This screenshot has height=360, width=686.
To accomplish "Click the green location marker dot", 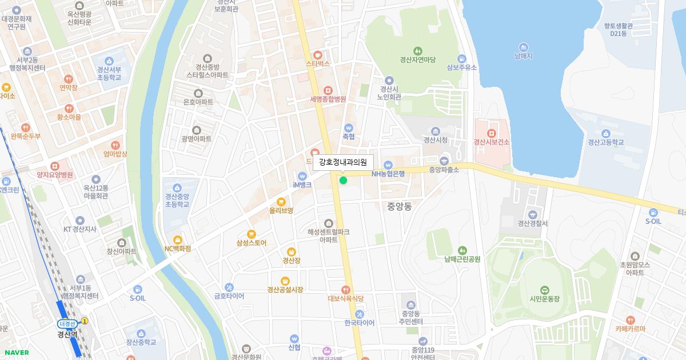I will coord(343,181).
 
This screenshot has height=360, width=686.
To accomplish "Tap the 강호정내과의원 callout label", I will coord(343,162).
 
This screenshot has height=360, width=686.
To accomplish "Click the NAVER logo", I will coord(15,353).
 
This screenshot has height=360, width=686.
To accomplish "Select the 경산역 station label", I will coord(67,334).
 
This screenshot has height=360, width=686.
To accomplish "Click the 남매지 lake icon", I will coord(523,47).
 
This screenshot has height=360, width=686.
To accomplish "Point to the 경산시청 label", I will coord(435,140).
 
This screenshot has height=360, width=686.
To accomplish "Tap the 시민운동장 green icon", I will coord(543,289).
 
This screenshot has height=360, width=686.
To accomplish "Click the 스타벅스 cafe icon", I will coord(317,55).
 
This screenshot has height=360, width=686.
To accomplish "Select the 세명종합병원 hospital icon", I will coord(328,90).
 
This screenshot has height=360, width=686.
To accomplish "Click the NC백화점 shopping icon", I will coord(178,239).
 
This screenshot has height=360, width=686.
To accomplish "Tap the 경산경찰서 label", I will coord(532,223).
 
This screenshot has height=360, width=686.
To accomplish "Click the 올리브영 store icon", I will coord(281,202).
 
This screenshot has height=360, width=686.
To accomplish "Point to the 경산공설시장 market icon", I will coord(285,281).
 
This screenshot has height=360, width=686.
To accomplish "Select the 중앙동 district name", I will coord(399,206).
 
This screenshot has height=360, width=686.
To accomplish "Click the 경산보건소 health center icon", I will coord(490,133).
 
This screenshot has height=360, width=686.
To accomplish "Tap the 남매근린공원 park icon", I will coord(462,250).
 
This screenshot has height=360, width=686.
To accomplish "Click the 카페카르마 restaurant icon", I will coord(630,320).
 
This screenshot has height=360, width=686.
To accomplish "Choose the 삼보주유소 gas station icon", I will coord(461,58).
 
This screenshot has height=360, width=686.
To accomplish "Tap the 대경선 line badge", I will coord(66,323).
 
